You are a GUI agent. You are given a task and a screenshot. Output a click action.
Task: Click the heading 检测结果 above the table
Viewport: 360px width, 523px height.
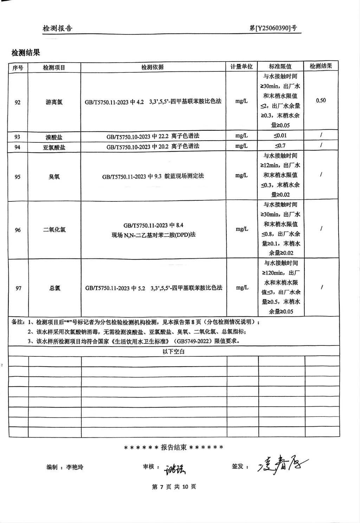click(26, 53)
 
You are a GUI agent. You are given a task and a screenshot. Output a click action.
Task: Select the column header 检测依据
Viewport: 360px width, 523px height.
click(153, 67)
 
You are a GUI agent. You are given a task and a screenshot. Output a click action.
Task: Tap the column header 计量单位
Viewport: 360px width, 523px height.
click(242, 66)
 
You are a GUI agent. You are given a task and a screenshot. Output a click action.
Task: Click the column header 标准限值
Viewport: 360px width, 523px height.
click(280, 66)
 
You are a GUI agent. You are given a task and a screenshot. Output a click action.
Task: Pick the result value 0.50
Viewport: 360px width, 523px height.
click(321, 101)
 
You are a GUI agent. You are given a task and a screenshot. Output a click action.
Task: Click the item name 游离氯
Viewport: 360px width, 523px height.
click(54, 102)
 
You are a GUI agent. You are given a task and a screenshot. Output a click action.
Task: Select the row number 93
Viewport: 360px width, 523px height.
click(18, 137)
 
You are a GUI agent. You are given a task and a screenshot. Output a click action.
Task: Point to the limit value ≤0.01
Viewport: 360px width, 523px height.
click(280, 136)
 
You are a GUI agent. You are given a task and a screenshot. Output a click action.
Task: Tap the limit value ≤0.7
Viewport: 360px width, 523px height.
click(280, 146)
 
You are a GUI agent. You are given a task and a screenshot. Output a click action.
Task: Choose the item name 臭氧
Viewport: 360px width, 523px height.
click(54, 176)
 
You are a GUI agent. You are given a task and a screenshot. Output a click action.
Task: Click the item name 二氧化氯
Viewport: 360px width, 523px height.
click(54, 230)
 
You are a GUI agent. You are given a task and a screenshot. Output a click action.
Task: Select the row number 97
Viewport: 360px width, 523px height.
click(18, 288)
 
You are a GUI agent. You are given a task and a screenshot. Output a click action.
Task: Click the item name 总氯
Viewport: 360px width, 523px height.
click(54, 288)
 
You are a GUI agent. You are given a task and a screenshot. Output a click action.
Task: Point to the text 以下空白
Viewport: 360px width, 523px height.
click(174, 351)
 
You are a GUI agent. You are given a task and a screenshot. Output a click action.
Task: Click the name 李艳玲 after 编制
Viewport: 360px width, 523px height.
click(75, 467)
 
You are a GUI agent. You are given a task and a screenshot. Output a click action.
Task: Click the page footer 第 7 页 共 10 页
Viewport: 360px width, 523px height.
click(174, 487)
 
